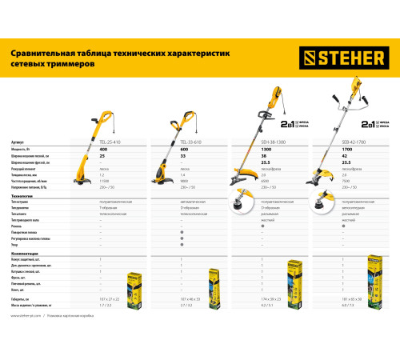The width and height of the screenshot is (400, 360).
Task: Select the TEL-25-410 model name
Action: (x=109, y=142)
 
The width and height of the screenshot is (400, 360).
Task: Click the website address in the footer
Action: (x=29, y=318)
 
